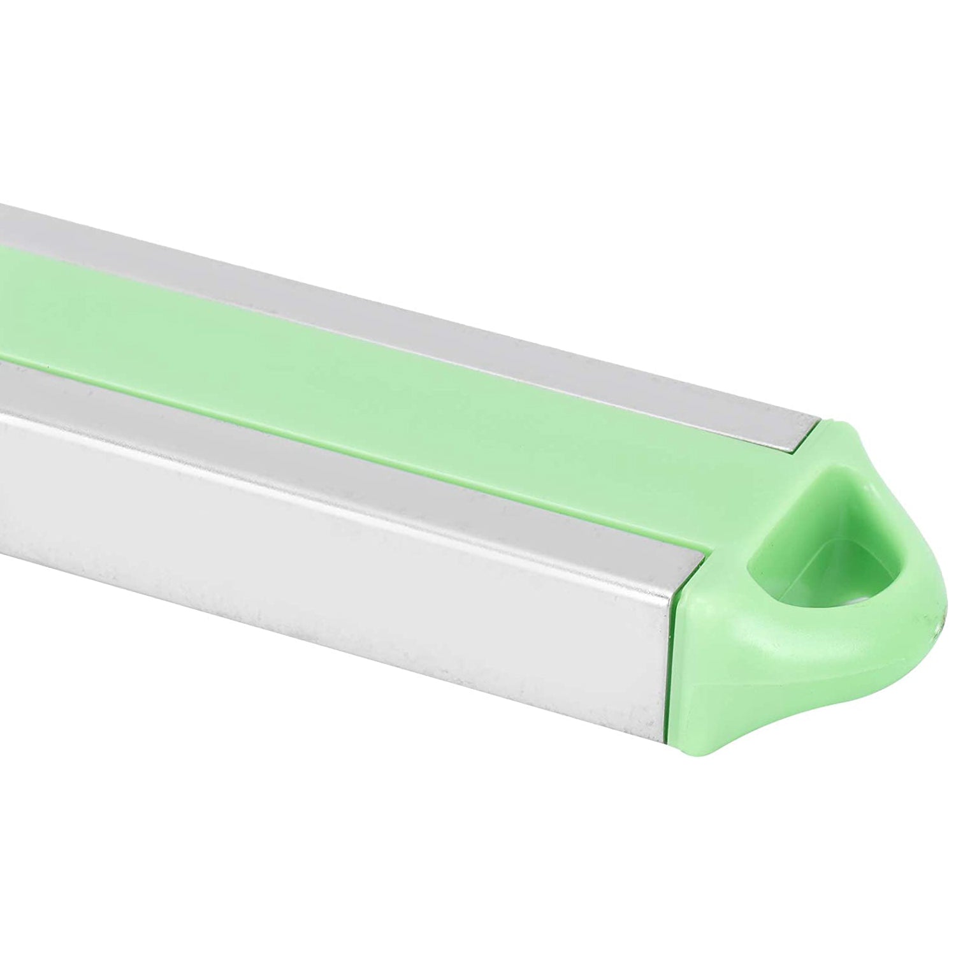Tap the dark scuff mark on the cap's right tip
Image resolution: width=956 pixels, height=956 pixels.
936,621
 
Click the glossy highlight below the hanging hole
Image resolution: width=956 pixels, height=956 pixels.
784,644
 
